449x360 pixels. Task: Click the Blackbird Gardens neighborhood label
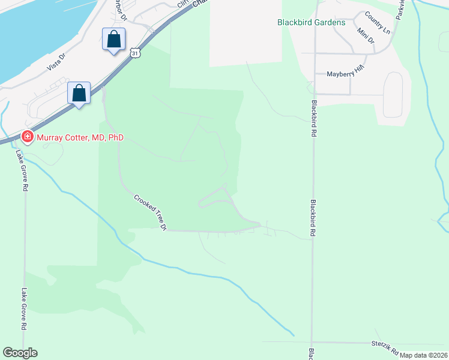tap(311, 22)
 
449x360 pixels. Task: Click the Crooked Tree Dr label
tap(149, 212)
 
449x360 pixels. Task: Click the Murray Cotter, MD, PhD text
tap(80, 137)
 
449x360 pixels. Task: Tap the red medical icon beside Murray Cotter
tap(27, 137)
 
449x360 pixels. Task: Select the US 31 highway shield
tap(136, 53)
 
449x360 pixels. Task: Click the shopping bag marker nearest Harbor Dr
tap(113, 40)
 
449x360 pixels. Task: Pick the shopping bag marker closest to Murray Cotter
tap(79, 93)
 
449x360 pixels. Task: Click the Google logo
tap(20, 353)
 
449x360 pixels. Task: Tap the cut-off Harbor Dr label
tap(120, 9)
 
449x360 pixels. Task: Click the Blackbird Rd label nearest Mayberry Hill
tap(313, 116)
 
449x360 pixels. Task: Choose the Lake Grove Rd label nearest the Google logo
tap(25, 308)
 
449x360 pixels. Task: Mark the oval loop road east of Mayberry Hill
tap(393, 94)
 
